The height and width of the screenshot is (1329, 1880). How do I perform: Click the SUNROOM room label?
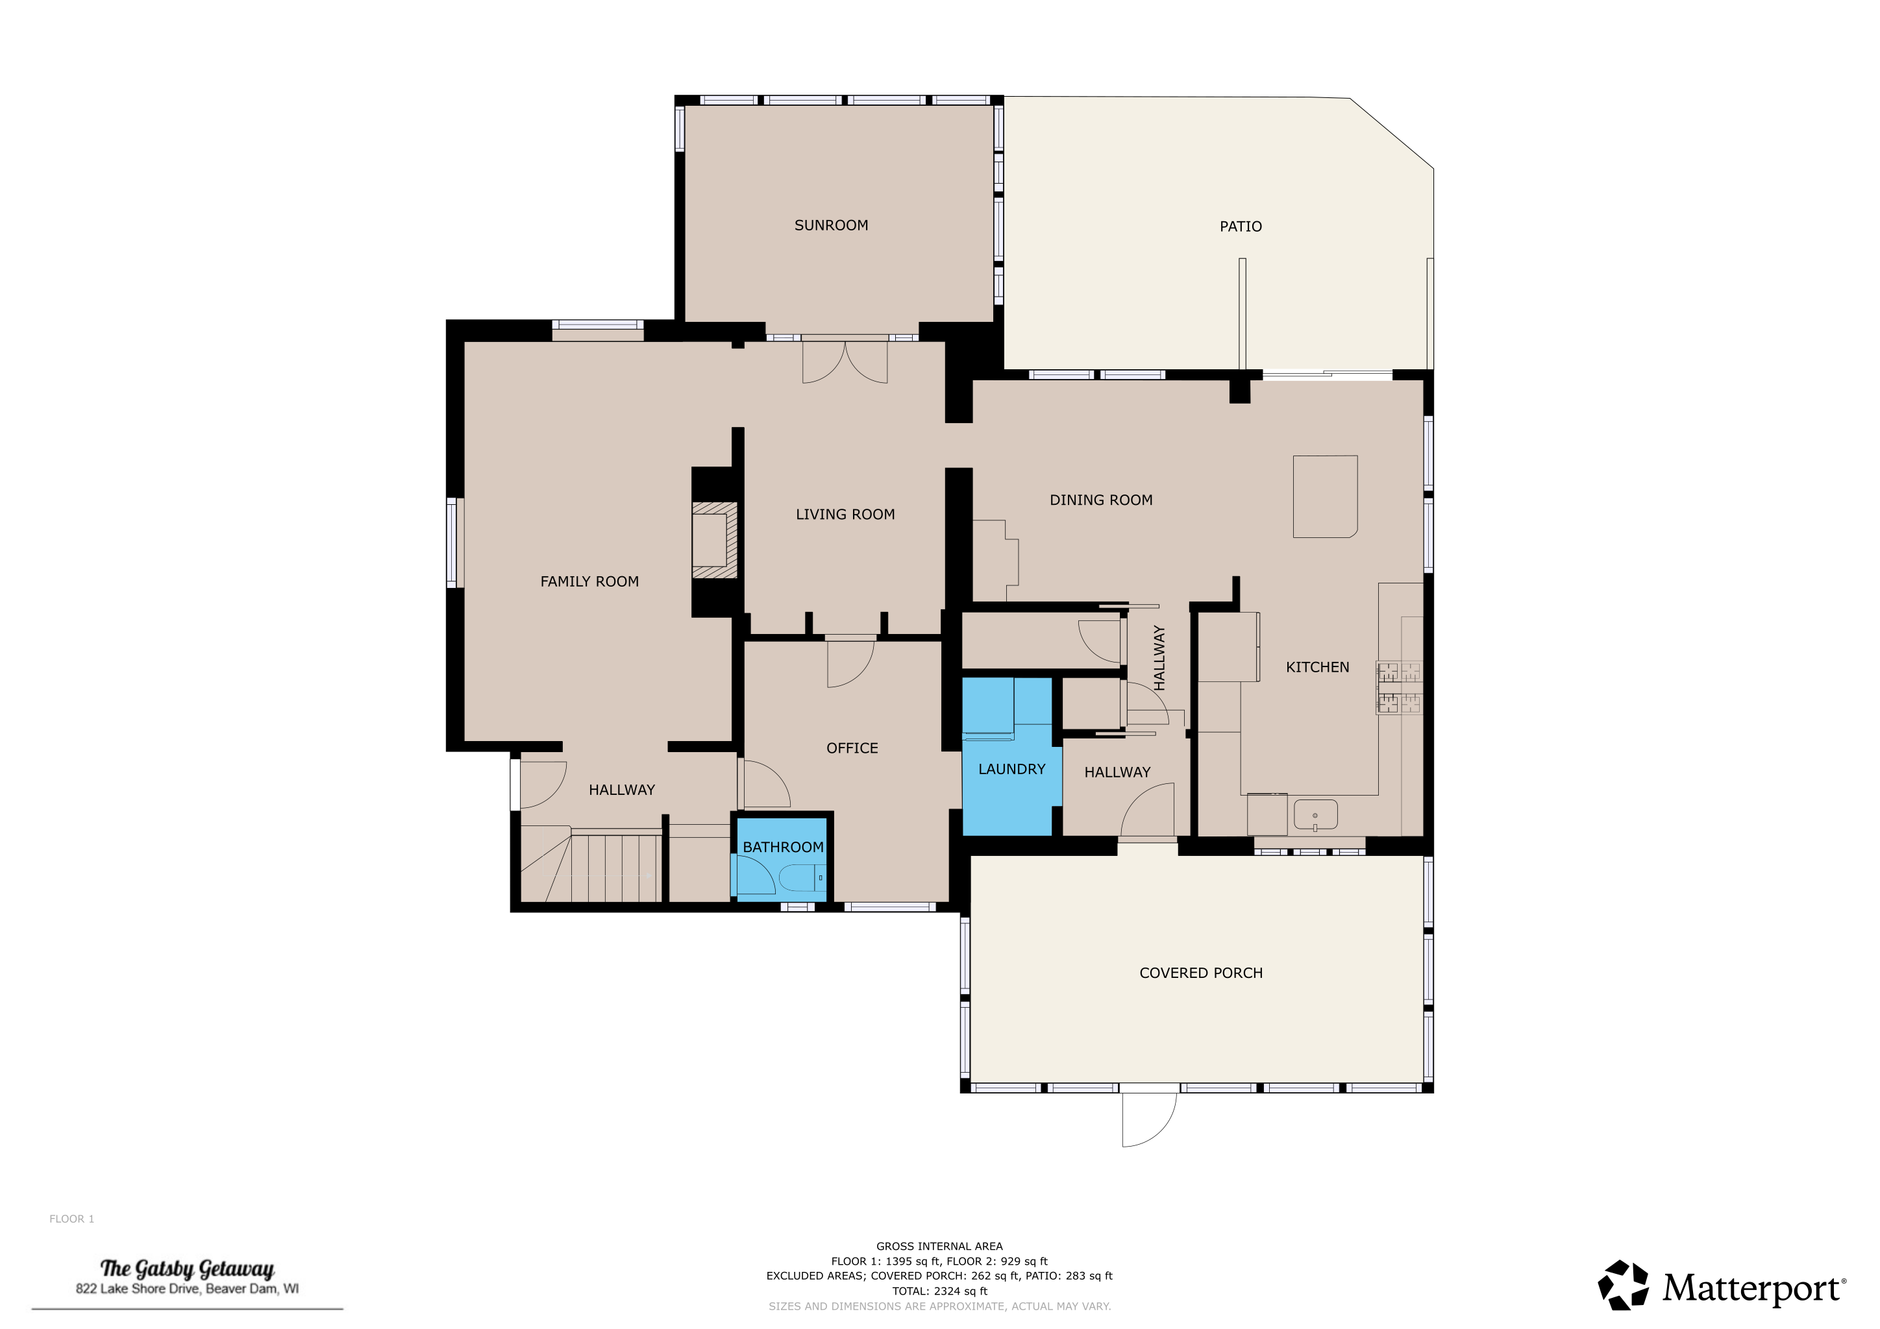[x=831, y=225]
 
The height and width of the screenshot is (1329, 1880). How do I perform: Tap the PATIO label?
[x=1241, y=226]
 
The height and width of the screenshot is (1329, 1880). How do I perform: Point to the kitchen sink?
[x=1315, y=815]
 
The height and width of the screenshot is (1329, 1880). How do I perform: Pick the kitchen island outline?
[x=1325, y=496]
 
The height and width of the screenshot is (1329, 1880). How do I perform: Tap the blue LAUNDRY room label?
[x=1012, y=769]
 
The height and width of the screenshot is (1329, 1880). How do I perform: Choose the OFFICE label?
[x=852, y=748]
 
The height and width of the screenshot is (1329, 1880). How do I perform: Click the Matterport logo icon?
[x=1623, y=1286]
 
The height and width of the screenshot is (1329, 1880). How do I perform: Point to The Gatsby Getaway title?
[x=187, y=1269]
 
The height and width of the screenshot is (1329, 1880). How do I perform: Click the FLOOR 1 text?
[x=71, y=1219]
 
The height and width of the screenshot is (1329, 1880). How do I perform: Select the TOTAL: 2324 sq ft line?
[x=939, y=1291]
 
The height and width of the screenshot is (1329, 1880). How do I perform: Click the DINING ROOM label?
[x=1101, y=500]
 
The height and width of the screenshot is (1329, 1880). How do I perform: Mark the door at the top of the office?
[x=850, y=661]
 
